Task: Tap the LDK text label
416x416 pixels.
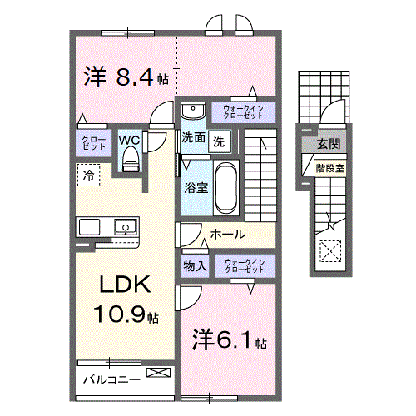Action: [124, 285]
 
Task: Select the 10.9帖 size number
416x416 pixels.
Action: [126, 316]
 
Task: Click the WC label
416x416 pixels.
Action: [129, 141]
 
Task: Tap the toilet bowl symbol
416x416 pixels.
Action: [129, 162]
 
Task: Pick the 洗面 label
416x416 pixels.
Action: [193, 139]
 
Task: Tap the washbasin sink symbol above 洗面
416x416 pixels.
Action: [191, 110]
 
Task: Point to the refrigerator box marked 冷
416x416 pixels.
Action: [87, 175]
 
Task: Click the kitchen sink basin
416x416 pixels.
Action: [126, 225]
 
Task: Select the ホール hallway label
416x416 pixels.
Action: [226, 235]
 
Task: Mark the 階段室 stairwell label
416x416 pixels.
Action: [330, 166]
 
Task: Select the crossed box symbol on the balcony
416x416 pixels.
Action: [156, 374]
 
